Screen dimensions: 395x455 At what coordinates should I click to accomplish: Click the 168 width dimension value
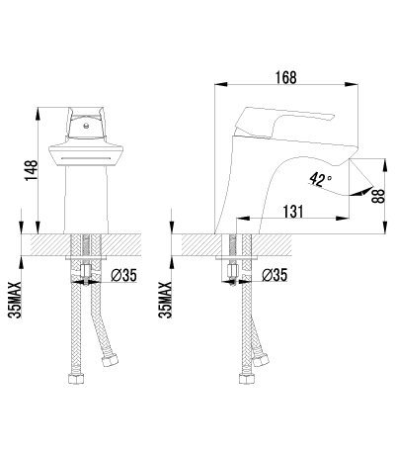[285, 78]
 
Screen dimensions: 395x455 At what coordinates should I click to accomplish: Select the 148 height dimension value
[32, 170]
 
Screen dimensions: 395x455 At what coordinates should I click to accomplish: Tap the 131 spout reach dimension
[292, 212]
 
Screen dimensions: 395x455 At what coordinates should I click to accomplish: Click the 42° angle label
[320, 180]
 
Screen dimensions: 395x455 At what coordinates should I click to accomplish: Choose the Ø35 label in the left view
[123, 275]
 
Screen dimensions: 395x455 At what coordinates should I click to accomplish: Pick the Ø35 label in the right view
[275, 275]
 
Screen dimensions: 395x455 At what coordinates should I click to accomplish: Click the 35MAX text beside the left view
[15, 300]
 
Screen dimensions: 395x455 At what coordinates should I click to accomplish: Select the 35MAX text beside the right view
[165, 300]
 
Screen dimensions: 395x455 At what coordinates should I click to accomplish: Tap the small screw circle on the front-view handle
[86, 126]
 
